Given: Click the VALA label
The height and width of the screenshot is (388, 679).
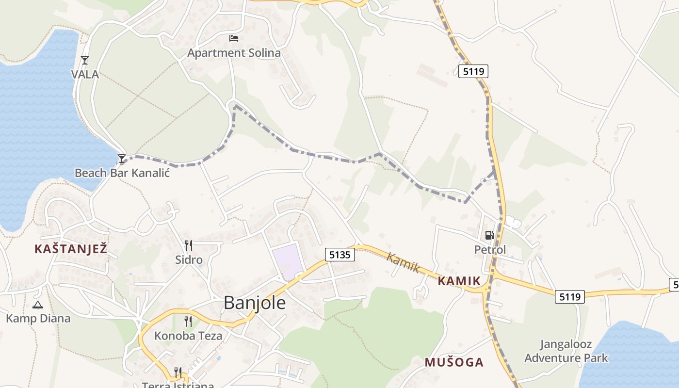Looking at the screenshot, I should point(85,74).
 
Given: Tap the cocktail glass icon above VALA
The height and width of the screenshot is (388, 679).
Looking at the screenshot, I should point(85,60).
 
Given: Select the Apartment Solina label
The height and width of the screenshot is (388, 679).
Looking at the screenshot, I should point(234,53).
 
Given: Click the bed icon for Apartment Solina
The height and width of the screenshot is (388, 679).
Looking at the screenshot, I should point(234,38).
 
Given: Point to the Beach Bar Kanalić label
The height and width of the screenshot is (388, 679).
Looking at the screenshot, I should point(122,173).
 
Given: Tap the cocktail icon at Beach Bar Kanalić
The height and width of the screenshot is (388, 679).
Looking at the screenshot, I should point(122,159).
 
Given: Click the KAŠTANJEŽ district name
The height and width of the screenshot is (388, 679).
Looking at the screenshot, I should point(70,249).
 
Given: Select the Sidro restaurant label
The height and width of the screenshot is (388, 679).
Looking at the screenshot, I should point(189,260).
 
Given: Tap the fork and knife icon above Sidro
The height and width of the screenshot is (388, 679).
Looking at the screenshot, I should point(189,245).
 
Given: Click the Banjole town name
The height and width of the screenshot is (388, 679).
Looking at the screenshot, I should point(255,303).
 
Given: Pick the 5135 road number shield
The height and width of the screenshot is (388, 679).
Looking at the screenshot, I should point(339,255).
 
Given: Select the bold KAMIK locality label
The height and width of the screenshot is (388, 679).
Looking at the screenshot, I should point(459,281).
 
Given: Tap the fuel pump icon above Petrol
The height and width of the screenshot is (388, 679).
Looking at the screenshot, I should point(490,235).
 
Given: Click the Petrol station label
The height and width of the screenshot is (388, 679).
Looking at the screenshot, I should point(490,250).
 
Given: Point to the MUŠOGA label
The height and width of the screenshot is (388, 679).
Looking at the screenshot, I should point(454,362).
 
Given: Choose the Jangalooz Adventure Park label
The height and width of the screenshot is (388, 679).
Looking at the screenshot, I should point(566,352).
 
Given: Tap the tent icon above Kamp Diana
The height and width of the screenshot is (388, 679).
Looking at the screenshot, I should point(38,305).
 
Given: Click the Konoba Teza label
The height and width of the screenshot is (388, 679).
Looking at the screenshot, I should point(188,336).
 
